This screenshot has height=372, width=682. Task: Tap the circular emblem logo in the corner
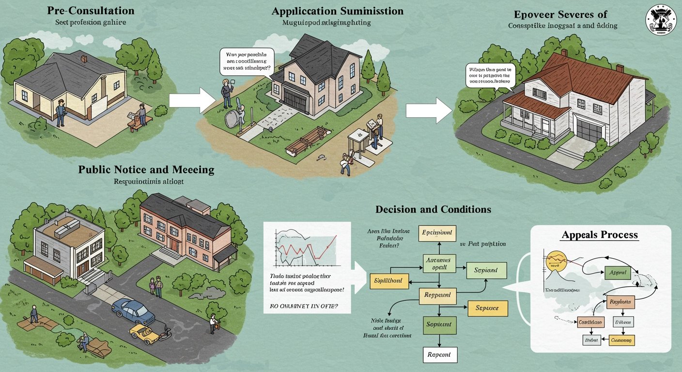pyautogui.click(x=662, y=19)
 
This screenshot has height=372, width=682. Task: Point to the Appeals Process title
pyautogui.click(x=600, y=235)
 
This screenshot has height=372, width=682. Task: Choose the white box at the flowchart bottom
pyautogui.click(x=439, y=355)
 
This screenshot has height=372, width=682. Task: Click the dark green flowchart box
pyautogui.click(x=439, y=324)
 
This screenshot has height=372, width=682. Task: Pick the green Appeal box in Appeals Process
pyautogui.click(x=618, y=273)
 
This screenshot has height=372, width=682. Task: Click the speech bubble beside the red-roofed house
pyautogui.click(x=489, y=76)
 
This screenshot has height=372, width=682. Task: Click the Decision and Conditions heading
pyautogui.click(x=433, y=210)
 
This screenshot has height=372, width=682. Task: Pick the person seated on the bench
pyautogui.click(x=141, y=115)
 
